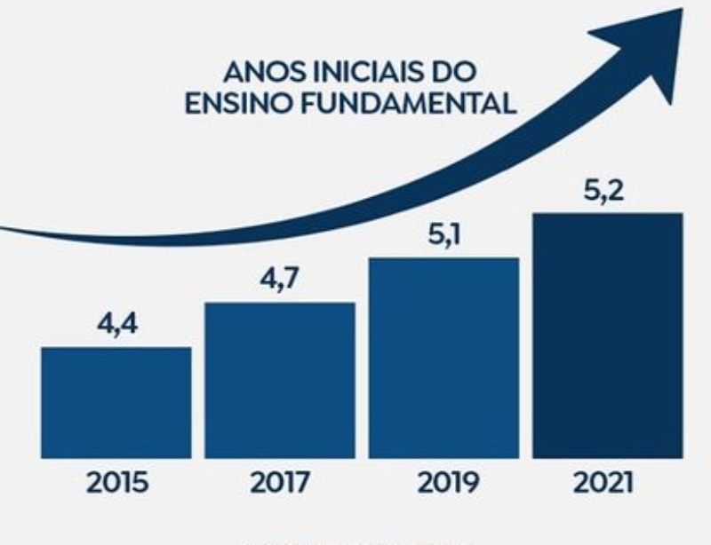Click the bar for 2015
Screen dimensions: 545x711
click(116, 402)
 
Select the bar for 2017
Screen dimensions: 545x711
click(280, 380)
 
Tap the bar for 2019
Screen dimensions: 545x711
click(443, 358)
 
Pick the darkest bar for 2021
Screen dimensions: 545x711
click(608, 336)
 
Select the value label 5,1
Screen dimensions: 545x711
click(443, 236)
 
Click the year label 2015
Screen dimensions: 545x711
click(116, 484)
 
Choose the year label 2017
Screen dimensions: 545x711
click(279, 484)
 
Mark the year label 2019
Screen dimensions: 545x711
click(443, 484)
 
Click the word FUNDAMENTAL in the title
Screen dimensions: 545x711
click(409, 103)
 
